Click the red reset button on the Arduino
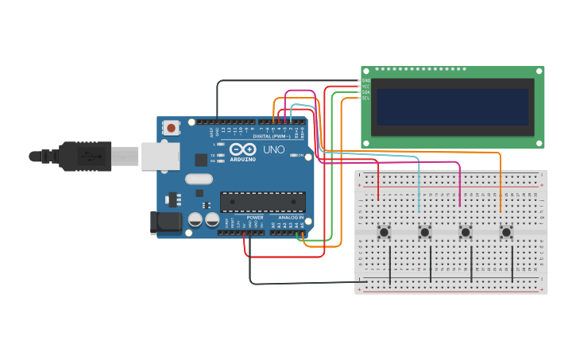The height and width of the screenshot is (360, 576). pyautogui.click(x=172, y=127)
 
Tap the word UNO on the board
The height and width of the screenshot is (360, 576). pyautogui.click(x=273, y=149)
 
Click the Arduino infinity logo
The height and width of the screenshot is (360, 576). pyautogui.click(x=242, y=149)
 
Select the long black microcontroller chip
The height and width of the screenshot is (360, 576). pyautogui.click(x=262, y=202)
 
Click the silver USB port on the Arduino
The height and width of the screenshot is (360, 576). pyautogui.click(x=160, y=157)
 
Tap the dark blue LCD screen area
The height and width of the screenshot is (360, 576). pyautogui.click(x=452, y=106)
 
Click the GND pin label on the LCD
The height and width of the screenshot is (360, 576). pyautogui.click(x=366, y=81)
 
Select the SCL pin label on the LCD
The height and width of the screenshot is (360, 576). pyautogui.click(x=366, y=98)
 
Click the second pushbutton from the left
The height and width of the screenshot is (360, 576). pyautogui.click(x=424, y=232)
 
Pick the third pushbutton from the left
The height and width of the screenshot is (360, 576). pyautogui.click(x=466, y=232)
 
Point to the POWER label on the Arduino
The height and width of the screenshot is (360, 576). pyautogui.click(x=254, y=217)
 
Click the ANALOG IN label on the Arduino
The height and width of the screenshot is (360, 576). pyautogui.click(x=291, y=217)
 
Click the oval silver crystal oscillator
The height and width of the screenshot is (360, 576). pyautogui.click(x=199, y=179)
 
